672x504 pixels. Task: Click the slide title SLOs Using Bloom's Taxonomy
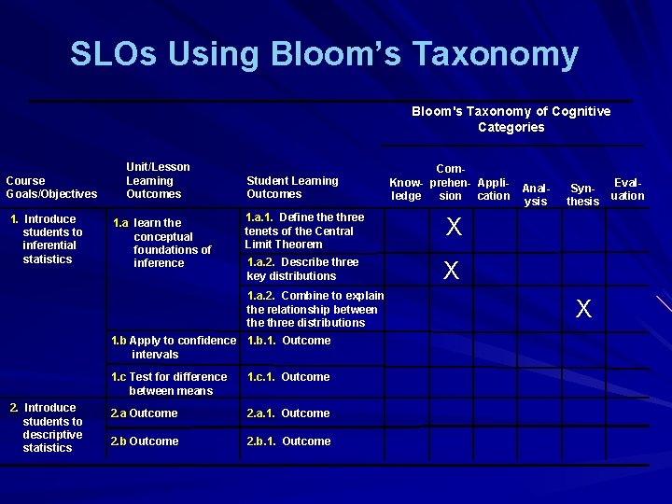pyautogui.click(x=324, y=54)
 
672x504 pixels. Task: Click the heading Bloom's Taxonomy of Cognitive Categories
pyautogui.click(x=511, y=119)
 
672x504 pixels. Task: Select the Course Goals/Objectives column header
pyautogui.click(x=51, y=187)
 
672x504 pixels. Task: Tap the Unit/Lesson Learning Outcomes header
pyautogui.click(x=157, y=180)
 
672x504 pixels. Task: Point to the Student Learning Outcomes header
pyautogui.click(x=292, y=187)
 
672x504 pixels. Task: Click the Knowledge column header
pyautogui.click(x=406, y=189)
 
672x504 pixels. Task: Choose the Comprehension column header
pyautogui.click(x=451, y=182)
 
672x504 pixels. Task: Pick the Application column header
pyautogui.click(x=493, y=189)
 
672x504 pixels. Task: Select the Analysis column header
pyautogui.click(x=536, y=194)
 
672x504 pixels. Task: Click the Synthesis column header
pyautogui.click(x=582, y=194)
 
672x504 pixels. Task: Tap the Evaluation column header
pyautogui.click(x=627, y=189)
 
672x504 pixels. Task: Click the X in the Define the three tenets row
pyautogui.click(x=453, y=227)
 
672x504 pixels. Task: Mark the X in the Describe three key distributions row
pyautogui.click(x=452, y=271)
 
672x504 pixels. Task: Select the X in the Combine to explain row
pyautogui.click(x=583, y=309)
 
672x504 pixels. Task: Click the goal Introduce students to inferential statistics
pyautogui.click(x=52, y=239)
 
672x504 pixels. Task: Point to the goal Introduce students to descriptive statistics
pyautogui.click(x=52, y=427)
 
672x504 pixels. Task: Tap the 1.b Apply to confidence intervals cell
pyautogui.click(x=173, y=347)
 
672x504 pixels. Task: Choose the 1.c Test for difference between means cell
pyautogui.click(x=169, y=384)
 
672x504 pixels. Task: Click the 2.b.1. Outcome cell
pyautogui.click(x=288, y=441)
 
